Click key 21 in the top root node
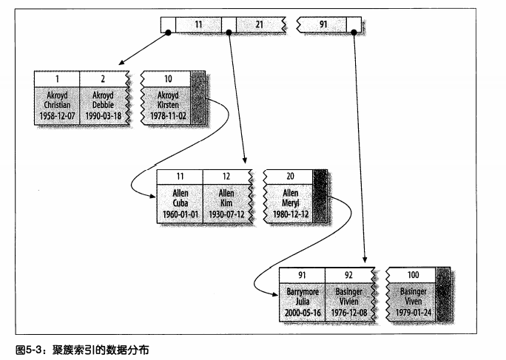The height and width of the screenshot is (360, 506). [x=259, y=24]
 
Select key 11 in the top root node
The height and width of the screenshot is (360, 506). [x=198, y=24]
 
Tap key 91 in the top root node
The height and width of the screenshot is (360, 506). [x=323, y=24]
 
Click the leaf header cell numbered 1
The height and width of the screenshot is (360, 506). [x=57, y=78]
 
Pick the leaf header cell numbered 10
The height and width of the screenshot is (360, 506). [x=168, y=78]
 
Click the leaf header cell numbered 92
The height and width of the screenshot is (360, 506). [x=348, y=275]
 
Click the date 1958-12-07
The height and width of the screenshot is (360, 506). [x=57, y=115]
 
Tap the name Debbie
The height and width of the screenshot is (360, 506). [x=104, y=105]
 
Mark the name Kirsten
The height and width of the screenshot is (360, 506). [x=168, y=105]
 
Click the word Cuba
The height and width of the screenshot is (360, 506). [x=180, y=203]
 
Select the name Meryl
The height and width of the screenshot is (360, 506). [x=289, y=203]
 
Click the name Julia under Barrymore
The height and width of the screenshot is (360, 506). [x=302, y=302]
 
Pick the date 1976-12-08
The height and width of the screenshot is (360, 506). [x=348, y=312]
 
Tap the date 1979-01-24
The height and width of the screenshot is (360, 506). [x=413, y=312]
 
